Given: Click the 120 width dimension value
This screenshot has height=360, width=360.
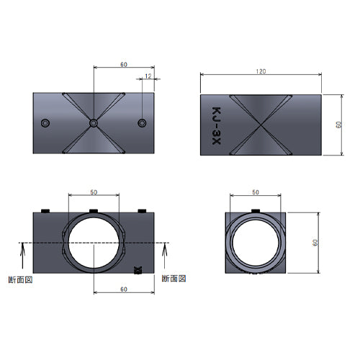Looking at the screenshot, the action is [261, 71].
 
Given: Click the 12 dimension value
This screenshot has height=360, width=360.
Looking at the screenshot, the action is [148, 76].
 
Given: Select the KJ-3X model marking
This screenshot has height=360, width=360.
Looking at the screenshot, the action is [216, 126].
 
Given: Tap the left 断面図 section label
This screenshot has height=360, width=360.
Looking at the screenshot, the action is [20, 280].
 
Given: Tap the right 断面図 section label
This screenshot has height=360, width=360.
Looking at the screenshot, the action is [174, 279].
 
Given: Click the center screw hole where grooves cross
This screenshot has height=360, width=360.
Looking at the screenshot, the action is [94, 123].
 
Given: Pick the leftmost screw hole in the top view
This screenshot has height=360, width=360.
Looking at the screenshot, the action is [45, 123].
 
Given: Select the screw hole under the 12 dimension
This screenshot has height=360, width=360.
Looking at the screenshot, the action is [142, 123].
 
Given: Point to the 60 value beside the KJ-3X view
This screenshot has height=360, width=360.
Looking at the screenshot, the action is [339, 125].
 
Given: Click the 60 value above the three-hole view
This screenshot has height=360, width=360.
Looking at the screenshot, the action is [124, 65].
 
